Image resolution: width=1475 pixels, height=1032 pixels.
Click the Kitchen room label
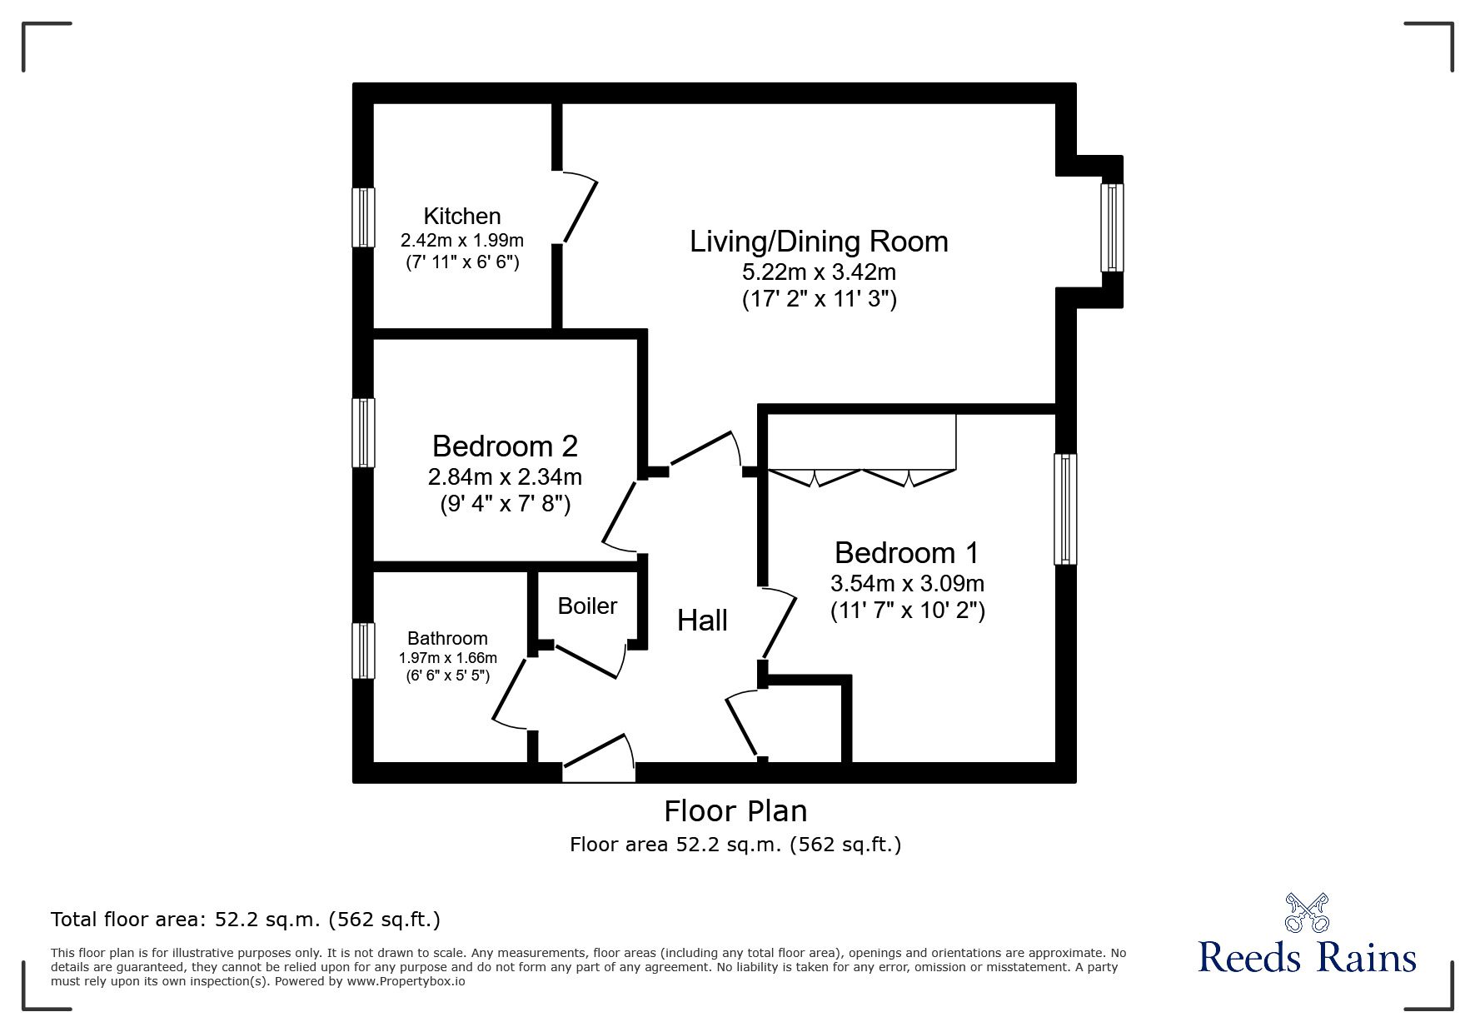461,217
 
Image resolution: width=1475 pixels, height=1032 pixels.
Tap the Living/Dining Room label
819,242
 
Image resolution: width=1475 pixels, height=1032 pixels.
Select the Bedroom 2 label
505,446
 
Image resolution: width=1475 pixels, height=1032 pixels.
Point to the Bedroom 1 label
906,553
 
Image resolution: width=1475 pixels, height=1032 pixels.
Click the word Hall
702,621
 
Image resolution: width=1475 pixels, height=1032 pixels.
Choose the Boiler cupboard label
587,606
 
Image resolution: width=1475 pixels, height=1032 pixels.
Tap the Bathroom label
447,639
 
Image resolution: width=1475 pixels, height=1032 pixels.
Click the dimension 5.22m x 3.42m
819,272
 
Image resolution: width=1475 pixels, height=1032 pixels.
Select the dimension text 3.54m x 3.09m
907,583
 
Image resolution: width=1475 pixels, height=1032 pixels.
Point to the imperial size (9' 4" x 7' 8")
505,504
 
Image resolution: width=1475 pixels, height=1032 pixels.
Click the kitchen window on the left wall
363,217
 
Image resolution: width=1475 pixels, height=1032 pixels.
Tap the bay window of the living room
1112,227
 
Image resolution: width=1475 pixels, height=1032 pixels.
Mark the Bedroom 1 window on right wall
1065,509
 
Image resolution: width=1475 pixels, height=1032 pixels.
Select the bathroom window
363,651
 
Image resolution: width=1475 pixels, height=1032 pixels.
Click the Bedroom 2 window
363,432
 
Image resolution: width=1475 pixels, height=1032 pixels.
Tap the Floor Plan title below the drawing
735,810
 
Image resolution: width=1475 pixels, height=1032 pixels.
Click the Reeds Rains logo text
1307,958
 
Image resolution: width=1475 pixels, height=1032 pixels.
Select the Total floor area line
246,920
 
